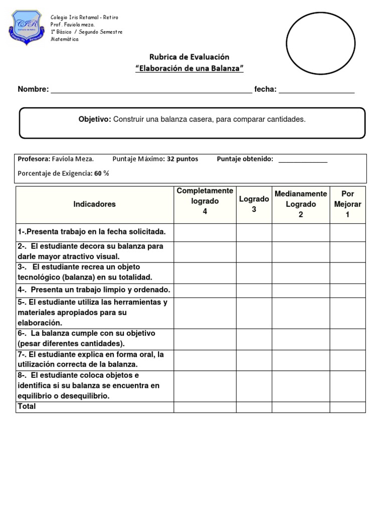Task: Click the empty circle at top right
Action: [320, 43]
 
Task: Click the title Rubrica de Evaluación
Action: [189, 57]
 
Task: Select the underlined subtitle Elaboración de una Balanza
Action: [189, 69]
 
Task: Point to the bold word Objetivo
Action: [94, 119]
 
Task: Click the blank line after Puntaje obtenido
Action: [303, 159]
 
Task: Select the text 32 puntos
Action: [182, 159]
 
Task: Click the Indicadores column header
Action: [94, 204]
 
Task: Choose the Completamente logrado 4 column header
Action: [205, 201]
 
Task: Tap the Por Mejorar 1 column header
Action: [347, 204]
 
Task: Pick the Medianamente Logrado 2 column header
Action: [301, 204]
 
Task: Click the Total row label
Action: [27, 406]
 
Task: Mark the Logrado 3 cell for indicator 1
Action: [254, 232]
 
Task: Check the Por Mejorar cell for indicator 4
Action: [347, 290]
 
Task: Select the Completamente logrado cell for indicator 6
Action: [205, 339]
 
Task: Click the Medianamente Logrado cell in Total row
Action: [301, 407]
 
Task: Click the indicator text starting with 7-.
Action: [90, 360]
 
